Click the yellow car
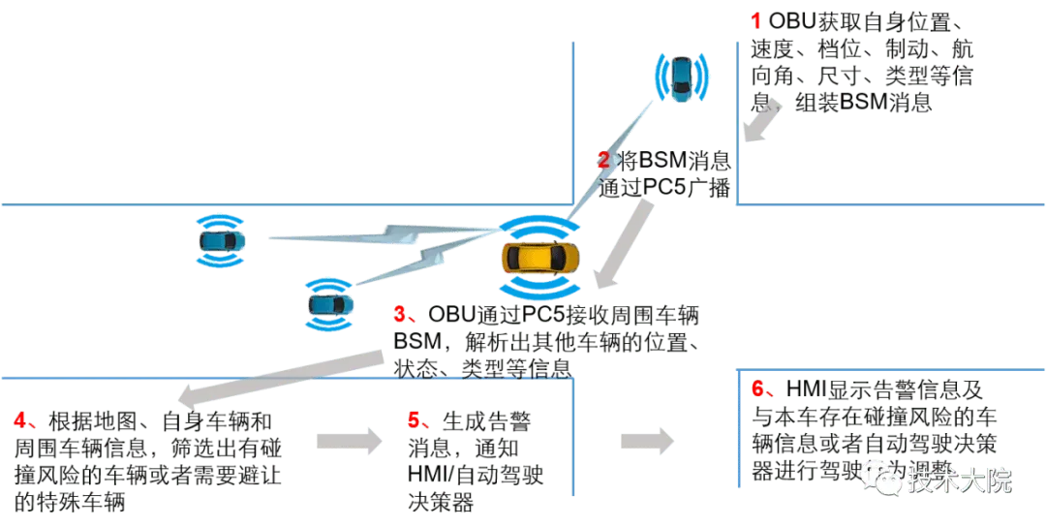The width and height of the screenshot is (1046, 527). (540, 260)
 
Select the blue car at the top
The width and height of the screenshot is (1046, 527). (682, 77)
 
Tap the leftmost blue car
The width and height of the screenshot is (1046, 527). (220, 238)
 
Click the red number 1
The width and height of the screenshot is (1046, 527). (757, 20)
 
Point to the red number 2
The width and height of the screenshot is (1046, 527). (602, 162)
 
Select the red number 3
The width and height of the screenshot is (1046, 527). (400, 316)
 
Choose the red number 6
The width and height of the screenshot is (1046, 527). (759, 390)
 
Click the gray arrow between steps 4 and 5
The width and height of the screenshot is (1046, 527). (350, 441)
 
